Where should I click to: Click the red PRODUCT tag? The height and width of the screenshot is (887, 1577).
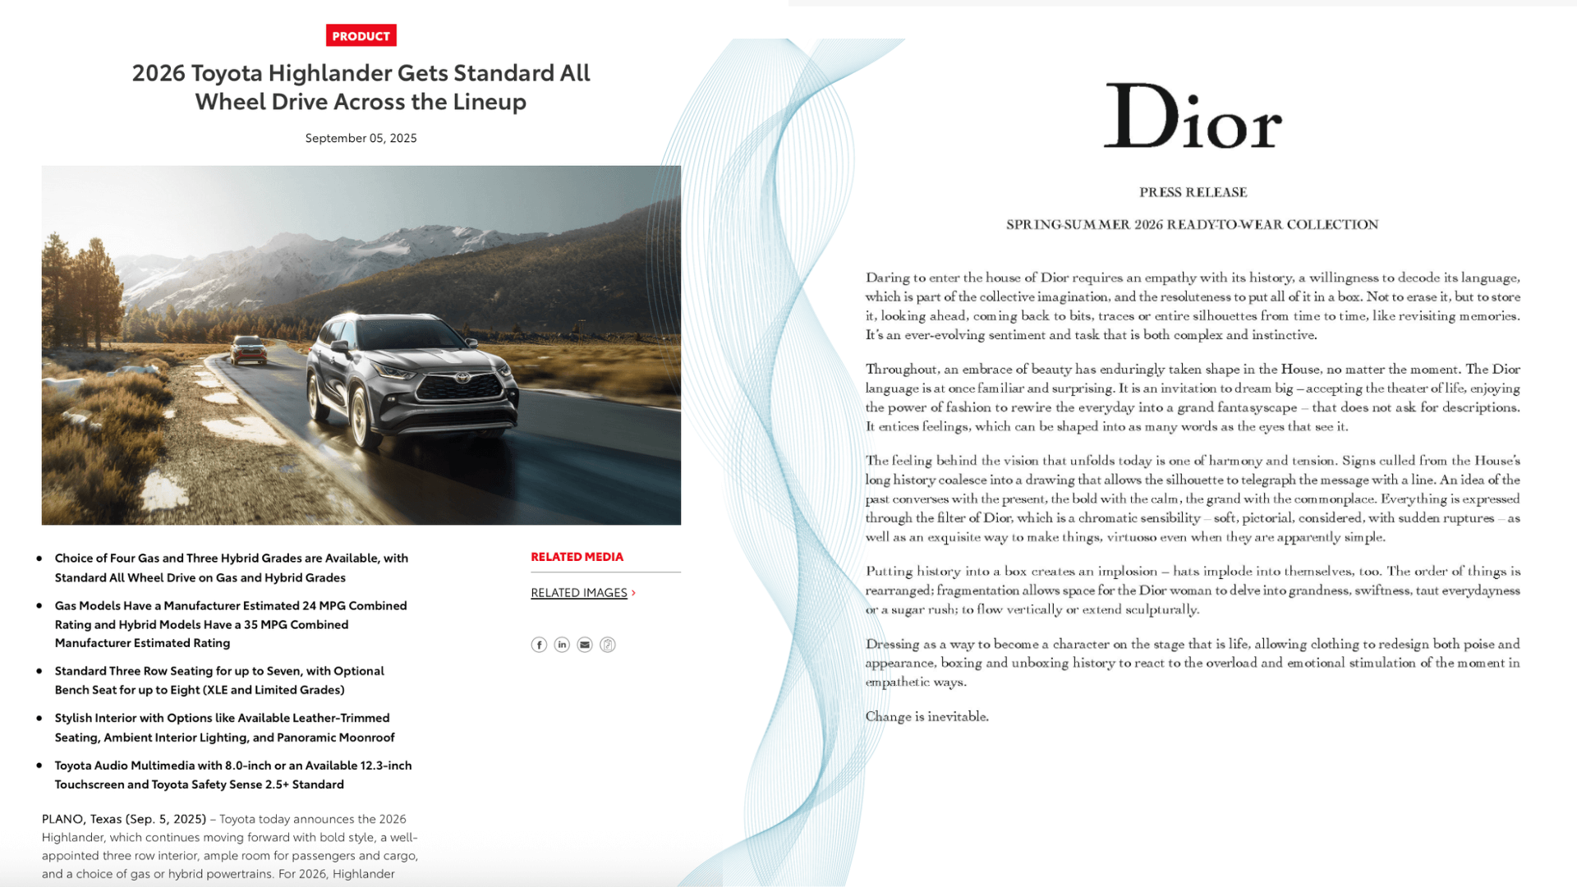(361, 35)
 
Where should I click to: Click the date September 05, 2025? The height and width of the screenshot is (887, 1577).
(361, 138)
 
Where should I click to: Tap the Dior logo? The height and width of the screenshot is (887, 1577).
(1192, 117)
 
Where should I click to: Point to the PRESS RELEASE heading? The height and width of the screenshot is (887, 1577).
(1193, 192)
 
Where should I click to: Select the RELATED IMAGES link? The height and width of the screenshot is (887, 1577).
(579, 593)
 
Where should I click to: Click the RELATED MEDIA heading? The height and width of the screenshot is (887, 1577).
(577, 557)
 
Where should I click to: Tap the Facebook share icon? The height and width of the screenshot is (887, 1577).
(539, 645)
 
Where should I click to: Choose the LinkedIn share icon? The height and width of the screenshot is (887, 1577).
(562, 645)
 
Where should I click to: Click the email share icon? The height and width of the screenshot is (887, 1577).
(585, 645)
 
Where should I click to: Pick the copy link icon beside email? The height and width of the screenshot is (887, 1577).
(608, 645)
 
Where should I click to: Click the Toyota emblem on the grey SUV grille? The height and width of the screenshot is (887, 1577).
(462, 379)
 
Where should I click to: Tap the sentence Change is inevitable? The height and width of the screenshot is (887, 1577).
(926, 717)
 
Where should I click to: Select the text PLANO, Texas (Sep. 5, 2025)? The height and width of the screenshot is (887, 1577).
(124, 819)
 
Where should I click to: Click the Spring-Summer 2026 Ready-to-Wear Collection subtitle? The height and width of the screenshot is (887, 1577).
(1192, 225)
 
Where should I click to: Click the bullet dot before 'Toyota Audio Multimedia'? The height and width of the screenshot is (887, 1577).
(39, 765)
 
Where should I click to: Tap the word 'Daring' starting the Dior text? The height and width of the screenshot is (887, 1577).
(887, 278)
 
